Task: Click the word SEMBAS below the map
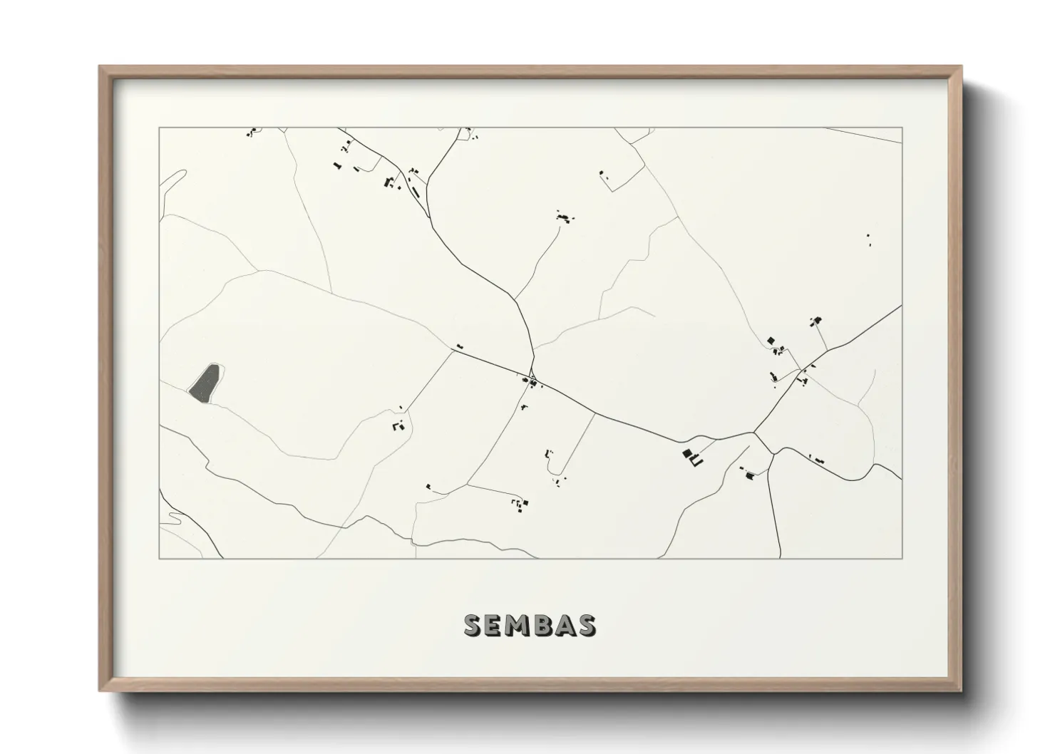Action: pyautogui.click(x=530, y=625)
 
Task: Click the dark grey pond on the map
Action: pyautogui.click(x=205, y=383)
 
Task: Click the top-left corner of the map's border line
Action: pyautogui.click(x=159, y=128)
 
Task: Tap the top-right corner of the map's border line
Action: pyautogui.click(x=902, y=128)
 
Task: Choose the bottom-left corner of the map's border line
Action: pyautogui.click(x=159, y=558)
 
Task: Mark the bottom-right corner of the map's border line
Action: pyautogui.click(x=902, y=558)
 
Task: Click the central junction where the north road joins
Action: pyautogui.click(x=534, y=376)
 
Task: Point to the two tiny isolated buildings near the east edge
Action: pyautogui.click(x=868, y=240)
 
